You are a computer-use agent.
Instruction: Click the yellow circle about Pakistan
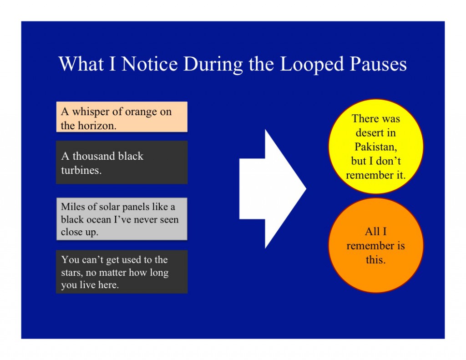tap(375, 147)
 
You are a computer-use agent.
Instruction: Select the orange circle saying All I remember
tap(375, 245)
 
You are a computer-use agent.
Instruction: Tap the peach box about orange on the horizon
tap(122, 117)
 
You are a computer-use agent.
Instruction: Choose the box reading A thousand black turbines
tap(122, 162)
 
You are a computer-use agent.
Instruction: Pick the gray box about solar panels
tap(122, 219)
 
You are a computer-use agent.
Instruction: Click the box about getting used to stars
tap(122, 272)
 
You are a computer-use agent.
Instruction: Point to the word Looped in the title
tap(311, 64)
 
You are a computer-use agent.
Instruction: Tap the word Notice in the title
tap(150, 64)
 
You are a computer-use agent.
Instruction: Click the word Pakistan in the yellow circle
tap(375, 147)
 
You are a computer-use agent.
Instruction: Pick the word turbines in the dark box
tap(81, 171)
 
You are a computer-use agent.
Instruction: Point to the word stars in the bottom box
tap(72, 273)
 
